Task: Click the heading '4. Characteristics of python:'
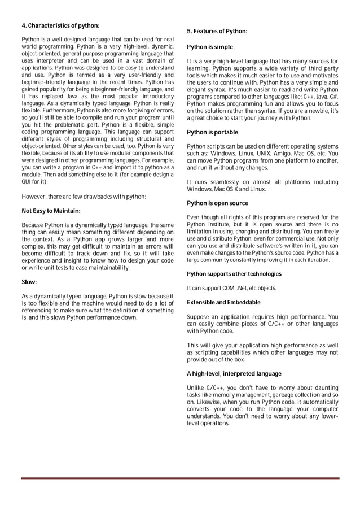tap(60, 26)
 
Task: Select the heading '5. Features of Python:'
tap(217, 32)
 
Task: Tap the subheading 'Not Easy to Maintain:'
tap(51, 211)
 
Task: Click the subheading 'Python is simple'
tap(209, 47)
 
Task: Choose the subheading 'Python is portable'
tap(212, 132)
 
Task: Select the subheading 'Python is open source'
tap(217, 203)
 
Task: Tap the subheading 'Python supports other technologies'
tap(234, 274)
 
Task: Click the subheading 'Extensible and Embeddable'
tap(223, 302)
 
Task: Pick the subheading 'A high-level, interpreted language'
tap(234, 373)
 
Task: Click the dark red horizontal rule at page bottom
tap(180, 478)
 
